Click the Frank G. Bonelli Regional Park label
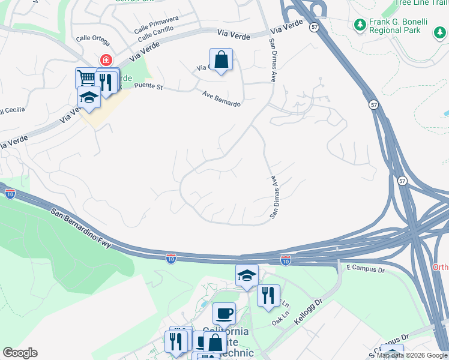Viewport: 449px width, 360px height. pyautogui.click(x=394, y=25)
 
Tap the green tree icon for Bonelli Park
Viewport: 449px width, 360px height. pyautogui.click(x=360, y=25)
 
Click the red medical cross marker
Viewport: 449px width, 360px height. pyautogui.click(x=106, y=60)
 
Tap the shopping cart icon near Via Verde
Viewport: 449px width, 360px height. pyautogui.click(x=86, y=78)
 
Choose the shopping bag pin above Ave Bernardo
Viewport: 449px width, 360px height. pyautogui.click(x=221, y=59)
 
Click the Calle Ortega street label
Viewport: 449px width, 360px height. pyautogui.click(x=92, y=38)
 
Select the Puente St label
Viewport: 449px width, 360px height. pyautogui.click(x=149, y=87)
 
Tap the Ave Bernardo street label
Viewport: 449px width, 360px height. pyautogui.click(x=221, y=98)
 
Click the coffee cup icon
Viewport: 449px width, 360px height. pyautogui.click(x=224, y=313)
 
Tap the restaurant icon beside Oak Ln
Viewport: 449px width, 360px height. pyautogui.click(x=268, y=295)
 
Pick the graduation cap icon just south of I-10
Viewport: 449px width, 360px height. pyautogui.click(x=246, y=275)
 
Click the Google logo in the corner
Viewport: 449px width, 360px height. pyautogui.click(x=20, y=353)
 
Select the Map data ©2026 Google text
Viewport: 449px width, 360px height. pyautogui.click(x=412, y=355)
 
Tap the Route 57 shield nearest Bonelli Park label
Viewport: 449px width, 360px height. pyautogui.click(x=314, y=27)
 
